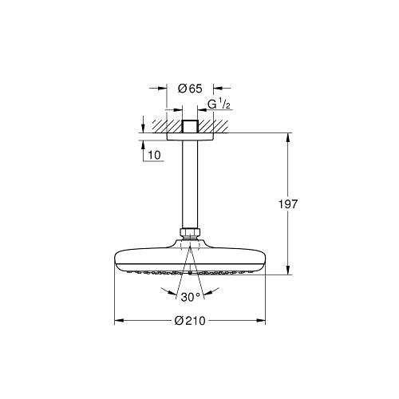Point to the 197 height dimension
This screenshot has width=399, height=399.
[x=290, y=204]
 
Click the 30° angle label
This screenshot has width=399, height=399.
[x=191, y=298]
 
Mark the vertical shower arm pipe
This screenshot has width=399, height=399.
[x=191, y=184]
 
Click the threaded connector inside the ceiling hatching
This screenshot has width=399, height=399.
[x=191, y=127]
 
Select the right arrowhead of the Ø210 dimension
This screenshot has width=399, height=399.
[x=261, y=322]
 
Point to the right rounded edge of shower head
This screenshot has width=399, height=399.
[x=263, y=260]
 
